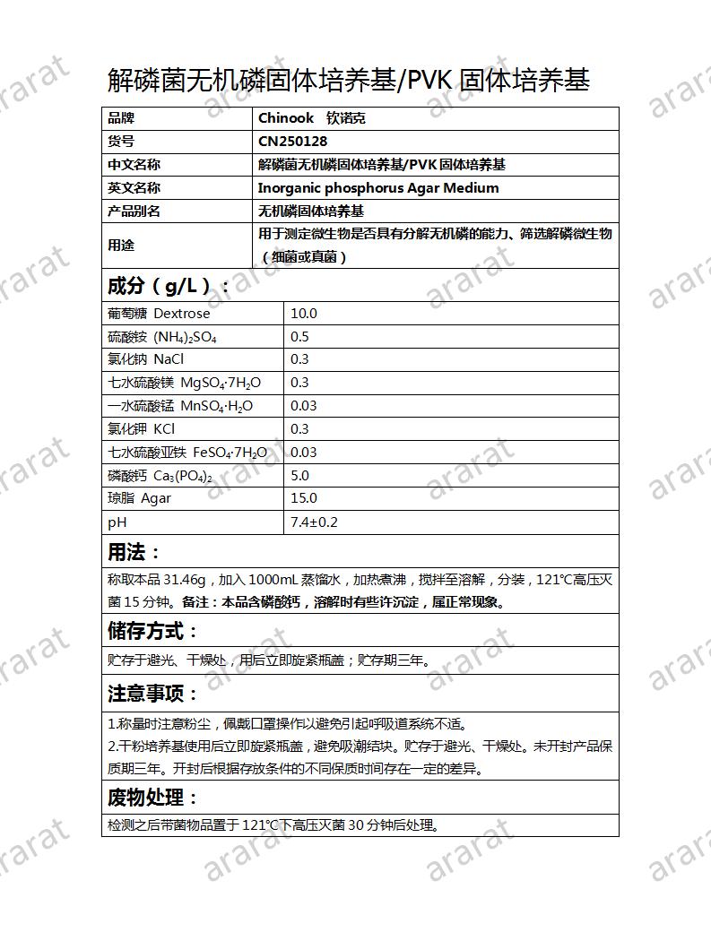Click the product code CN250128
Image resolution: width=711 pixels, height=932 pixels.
point(292,142)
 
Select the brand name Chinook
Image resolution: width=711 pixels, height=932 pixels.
point(286,118)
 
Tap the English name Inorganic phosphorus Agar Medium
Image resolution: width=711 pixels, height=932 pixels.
point(377,188)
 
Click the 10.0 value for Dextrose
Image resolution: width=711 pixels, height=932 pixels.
point(304,314)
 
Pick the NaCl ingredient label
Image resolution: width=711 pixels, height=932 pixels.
point(169,359)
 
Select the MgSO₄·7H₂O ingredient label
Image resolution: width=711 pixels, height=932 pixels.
point(221,383)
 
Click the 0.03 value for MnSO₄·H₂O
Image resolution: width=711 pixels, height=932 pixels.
point(304,406)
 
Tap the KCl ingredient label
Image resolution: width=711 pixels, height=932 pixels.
point(164,429)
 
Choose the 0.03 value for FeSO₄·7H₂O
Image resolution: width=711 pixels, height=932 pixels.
point(304,453)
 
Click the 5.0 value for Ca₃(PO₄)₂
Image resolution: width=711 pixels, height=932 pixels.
point(299,476)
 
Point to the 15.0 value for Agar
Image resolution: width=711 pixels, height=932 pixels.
point(304,498)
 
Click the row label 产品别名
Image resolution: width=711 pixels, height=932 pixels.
point(134,211)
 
